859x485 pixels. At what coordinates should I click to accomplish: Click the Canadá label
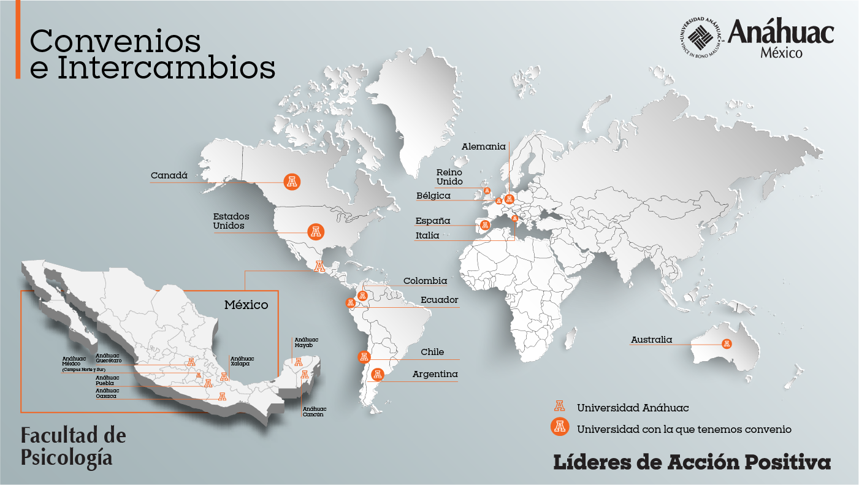(x=169, y=176)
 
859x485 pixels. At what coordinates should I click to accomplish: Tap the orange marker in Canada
(x=292, y=181)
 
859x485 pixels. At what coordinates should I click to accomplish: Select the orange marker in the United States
(x=316, y=232)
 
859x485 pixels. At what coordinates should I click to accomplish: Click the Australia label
(x=651, y=340)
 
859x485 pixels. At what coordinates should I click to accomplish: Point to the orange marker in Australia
(x=727, y=343)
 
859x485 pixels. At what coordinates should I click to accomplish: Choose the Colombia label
(x=425, y=281)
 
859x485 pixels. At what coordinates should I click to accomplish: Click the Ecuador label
(x=439, y=300)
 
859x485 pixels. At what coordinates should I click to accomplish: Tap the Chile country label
(x=432, y=352)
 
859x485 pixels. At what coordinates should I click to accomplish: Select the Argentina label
(x=435, y=374)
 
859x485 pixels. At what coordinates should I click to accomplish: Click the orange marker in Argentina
(x=378, y=374)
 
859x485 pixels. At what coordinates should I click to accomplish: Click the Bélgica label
(x=433, y=196)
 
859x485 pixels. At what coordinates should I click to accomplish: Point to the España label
(x=433, y=221)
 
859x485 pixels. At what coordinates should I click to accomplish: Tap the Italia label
(x=427, y=235)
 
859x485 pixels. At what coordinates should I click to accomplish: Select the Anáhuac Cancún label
(x=314, y=411)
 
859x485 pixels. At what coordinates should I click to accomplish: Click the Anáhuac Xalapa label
(x=242, y=361)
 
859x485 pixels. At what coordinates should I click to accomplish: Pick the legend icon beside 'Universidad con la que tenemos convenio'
(x=559, y=427)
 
